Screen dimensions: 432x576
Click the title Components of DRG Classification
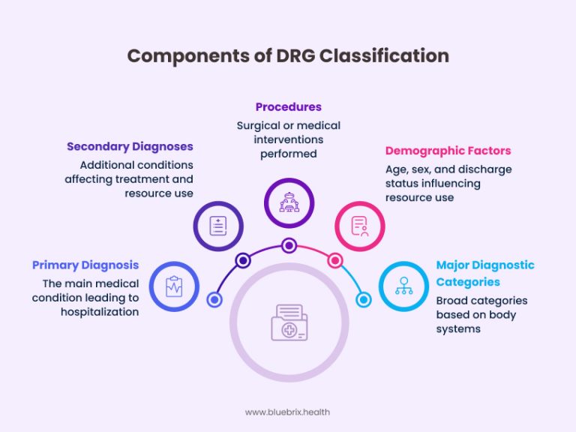coord(288,55)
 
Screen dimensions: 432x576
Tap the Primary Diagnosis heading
coord(85,265)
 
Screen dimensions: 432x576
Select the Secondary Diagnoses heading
coord(130,146)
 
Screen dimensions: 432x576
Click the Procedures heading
coord(289,107)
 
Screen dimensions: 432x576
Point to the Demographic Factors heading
coord(448,151)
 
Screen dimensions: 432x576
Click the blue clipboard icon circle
coord(174,286)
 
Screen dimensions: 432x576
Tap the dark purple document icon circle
coord(219,224)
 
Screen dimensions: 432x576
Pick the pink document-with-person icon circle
coord(359,224)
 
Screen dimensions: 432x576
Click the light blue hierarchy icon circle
coord(403,286)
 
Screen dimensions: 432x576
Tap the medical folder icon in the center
coord(289,323)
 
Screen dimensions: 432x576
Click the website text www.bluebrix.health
coord(288,411)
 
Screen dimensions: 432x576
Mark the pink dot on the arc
coord(335,260)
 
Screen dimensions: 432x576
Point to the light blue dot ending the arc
coord(364,300)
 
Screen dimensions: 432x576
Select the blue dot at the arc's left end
coord(214,300)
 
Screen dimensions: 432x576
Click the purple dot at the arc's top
coord(289,244)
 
